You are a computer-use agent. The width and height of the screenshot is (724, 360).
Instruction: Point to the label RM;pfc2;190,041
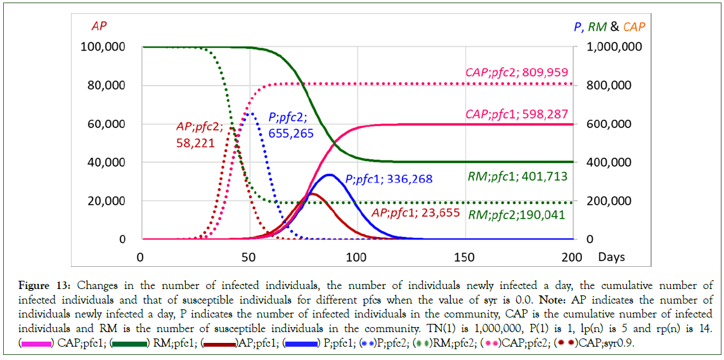pos(517,214)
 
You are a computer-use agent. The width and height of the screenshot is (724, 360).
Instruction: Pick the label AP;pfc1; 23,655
pos(415,212)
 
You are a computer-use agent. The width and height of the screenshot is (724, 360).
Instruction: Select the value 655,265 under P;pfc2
pos(291,133)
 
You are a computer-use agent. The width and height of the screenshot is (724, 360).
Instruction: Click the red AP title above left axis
pos(99,27)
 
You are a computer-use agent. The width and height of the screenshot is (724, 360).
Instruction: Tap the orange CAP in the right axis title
pos(634,27)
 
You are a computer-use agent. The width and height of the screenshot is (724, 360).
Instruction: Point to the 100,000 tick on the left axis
pos(102,47)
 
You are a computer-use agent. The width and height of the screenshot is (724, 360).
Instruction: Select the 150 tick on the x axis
pos(465,257)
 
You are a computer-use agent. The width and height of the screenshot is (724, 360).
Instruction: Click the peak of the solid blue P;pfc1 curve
pos(330,174)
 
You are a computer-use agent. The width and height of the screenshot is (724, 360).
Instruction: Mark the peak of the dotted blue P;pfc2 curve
pos(251,113)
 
